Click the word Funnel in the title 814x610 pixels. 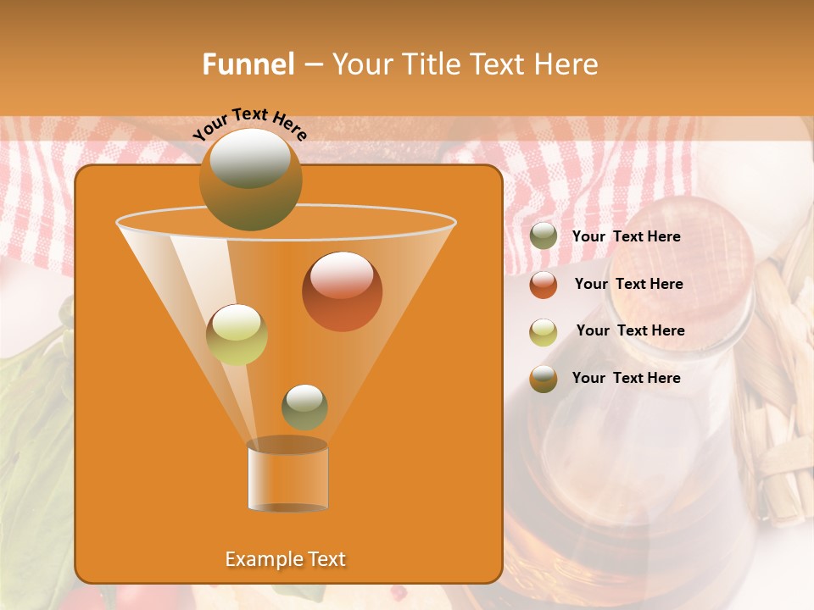248,64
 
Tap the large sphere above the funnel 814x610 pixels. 250,179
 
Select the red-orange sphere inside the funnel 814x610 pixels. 342,291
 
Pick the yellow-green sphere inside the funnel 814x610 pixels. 237,334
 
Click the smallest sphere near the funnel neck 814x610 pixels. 304,407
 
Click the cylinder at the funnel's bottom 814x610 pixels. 287,476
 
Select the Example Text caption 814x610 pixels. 285,559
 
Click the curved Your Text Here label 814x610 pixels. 249,123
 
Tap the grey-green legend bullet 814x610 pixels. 544,236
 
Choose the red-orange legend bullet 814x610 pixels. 544,285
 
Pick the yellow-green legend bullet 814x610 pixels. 544,331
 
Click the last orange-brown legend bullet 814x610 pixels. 544,379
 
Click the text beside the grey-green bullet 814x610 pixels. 626,236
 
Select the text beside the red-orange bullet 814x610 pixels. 628,284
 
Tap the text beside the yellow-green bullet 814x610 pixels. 630,330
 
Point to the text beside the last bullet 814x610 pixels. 626,378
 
